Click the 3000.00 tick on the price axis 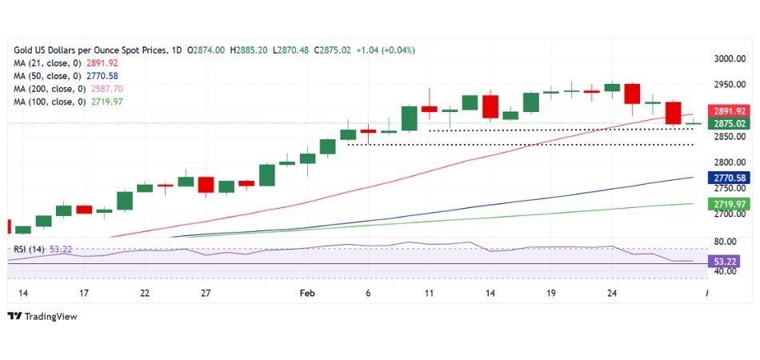pyautogui.click(x=729, y=58)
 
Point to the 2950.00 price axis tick pyautogui.click(x=729, y=84)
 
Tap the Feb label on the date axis pyautogui.click(x=307, y=293)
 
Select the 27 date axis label pyautogui.click(x=206, y=293)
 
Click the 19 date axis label pyautogui.click(x=550, y=293)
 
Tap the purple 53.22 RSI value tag pyautogui.click(x=727, y=261)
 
